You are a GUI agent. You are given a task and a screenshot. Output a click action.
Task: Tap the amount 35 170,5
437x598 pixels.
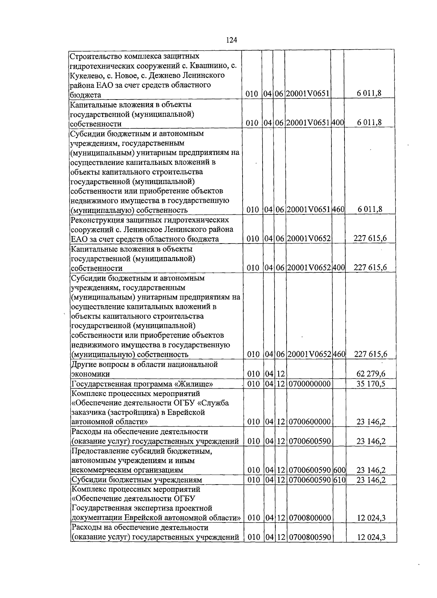coord(371,384)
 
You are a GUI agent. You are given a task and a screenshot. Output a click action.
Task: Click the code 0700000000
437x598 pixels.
coord(310,384)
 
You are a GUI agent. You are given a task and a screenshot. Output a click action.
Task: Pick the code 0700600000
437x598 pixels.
coord(310,422)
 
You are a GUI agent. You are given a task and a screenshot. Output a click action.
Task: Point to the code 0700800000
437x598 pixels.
coord(310,518)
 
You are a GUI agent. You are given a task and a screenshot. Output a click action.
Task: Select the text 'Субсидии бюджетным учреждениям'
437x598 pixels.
coord(137,480)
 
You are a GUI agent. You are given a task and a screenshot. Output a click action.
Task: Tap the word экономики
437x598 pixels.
coord(90,374)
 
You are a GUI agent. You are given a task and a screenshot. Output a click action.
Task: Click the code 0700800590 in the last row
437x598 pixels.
coord(310,537)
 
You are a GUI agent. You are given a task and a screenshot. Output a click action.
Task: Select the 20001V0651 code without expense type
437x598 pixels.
coord(308,94)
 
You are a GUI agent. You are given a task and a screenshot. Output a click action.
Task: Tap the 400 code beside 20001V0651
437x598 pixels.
coord(338,123)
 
